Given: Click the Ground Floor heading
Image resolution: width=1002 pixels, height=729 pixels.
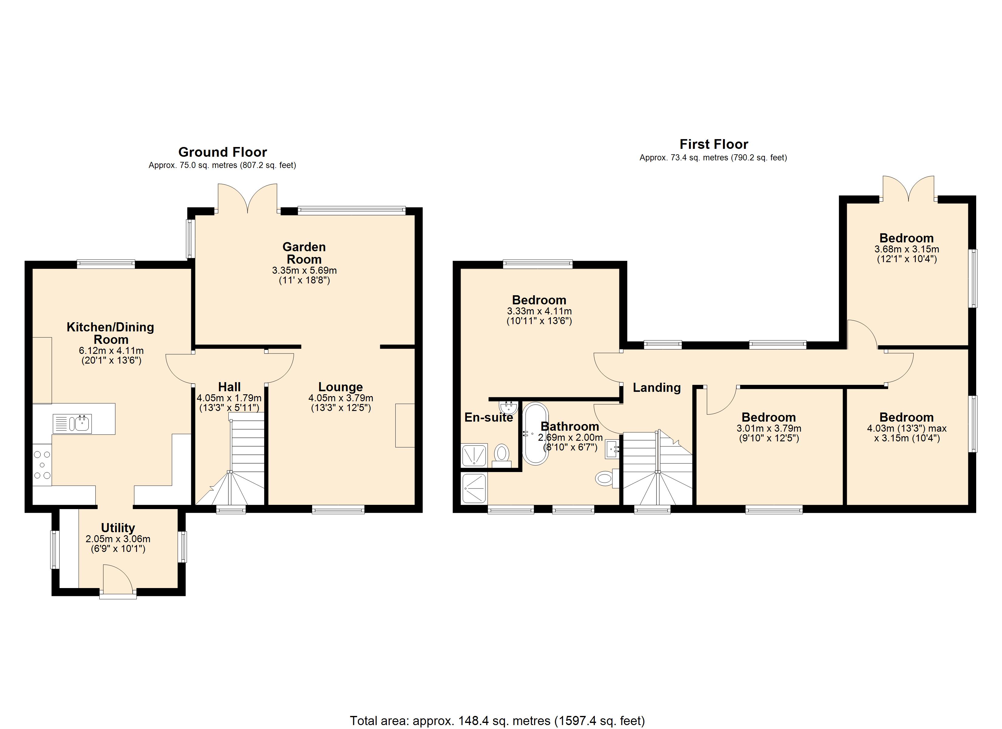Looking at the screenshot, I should coord(222,152).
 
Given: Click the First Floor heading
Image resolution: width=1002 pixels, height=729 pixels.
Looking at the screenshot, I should coord(714,144).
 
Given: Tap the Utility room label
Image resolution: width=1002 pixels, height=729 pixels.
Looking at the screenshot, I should coord(118,528).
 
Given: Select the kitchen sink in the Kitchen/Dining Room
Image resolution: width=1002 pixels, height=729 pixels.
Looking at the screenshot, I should coord(73,423).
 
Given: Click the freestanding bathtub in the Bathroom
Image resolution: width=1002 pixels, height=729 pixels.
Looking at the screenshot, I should coord(535,433).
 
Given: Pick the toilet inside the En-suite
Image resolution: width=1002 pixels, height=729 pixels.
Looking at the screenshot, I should coord(501,454).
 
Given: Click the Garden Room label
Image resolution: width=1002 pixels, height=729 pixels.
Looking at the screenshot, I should coord(304,253).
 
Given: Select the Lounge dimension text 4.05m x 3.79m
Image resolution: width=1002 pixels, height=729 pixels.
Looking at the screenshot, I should coord(341,398).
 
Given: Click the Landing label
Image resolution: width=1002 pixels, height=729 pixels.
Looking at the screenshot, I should coord(656,388).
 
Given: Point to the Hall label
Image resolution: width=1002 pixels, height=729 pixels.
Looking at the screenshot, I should coord(229,387).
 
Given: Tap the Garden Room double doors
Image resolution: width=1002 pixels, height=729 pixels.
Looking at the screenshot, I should coord(247,199).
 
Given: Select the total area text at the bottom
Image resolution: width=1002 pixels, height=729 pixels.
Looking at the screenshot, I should coord(497,720).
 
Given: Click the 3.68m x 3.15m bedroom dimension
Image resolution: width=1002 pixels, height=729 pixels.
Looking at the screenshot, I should coord(907,249).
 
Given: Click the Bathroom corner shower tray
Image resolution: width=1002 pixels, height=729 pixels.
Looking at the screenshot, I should coord(474,488).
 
